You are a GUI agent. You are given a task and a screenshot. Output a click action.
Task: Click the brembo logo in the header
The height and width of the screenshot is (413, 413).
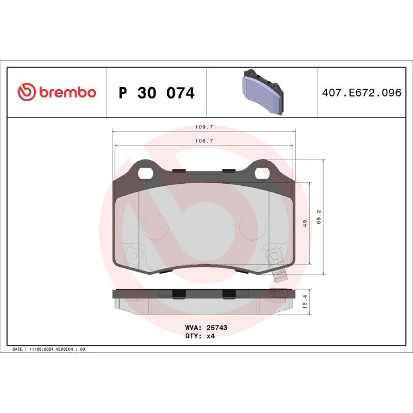57,92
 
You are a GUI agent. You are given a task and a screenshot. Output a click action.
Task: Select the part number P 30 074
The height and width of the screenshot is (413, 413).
157,93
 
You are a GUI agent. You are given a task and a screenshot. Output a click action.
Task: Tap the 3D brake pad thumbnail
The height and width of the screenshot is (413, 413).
263,92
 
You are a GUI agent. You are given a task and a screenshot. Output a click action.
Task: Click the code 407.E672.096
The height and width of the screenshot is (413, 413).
362,93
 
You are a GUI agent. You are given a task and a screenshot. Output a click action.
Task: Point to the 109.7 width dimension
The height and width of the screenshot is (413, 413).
204,127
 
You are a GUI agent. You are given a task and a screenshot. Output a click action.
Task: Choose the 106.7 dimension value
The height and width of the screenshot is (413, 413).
204,141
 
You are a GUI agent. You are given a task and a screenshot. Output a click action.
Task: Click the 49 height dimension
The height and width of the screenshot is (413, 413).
305,223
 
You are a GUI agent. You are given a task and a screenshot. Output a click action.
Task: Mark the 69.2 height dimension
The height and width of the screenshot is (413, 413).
319,217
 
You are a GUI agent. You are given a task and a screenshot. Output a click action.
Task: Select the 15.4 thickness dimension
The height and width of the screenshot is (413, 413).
305,301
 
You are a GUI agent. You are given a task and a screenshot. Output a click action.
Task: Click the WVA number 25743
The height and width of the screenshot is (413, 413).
217,328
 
